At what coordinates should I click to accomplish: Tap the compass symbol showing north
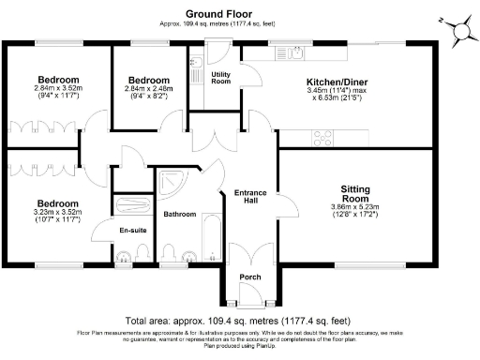coord(461,31)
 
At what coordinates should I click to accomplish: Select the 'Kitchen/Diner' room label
coord(337,82)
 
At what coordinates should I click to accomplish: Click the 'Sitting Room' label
coord(354,192)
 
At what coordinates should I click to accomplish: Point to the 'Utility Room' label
coord(221,77)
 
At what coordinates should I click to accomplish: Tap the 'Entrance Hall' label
coord(250,198)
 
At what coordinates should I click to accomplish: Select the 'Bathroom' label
coord(179,214)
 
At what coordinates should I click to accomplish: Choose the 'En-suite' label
coord(131,231)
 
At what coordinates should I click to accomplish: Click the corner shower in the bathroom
coord(172,185)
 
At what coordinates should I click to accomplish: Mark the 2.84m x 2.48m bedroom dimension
coord(149,92)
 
